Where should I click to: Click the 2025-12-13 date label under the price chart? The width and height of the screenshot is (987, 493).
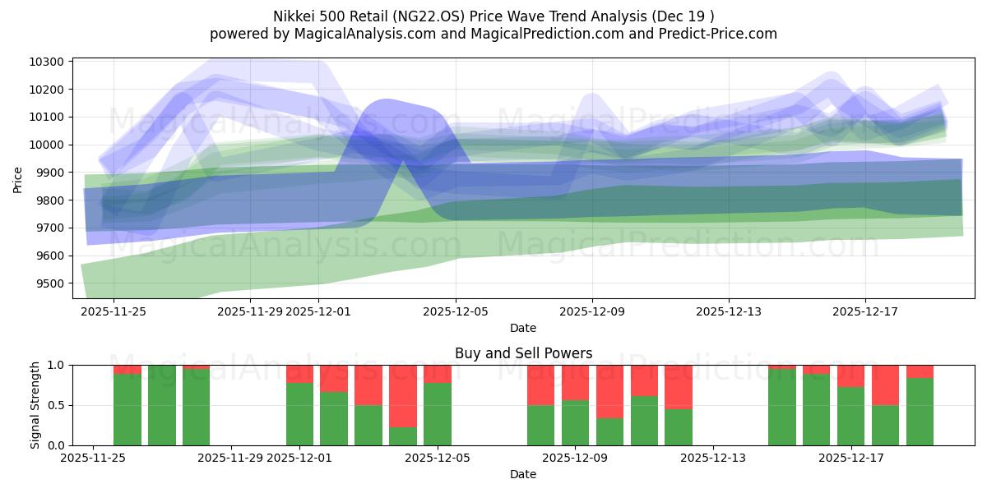pyautogui.click(x=728, y=311)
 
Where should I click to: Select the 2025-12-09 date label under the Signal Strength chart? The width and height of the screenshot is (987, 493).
pyautogui.click(x=575, y=458)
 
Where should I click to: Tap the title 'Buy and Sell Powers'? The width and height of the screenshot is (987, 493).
pyautogui.click(x=523, y=353)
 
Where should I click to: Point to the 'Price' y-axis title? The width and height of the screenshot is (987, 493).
pyautogui.click(x=19, y=178)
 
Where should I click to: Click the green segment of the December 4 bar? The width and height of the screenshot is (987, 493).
pyautogui.click(x=403, y=436)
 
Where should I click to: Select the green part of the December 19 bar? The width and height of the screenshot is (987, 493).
pyautogui.click(x=920, y=412)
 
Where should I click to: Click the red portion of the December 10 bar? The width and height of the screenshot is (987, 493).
pyautogui.click(x=609, y=391)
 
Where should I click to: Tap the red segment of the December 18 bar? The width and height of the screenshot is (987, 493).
pyautogui.click(x=885, y=385)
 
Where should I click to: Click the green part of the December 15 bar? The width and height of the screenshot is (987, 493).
pyautogui.click(x=781, y=407)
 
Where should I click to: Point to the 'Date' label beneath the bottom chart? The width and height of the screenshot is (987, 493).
pyautogui.click(x=523, y=474)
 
